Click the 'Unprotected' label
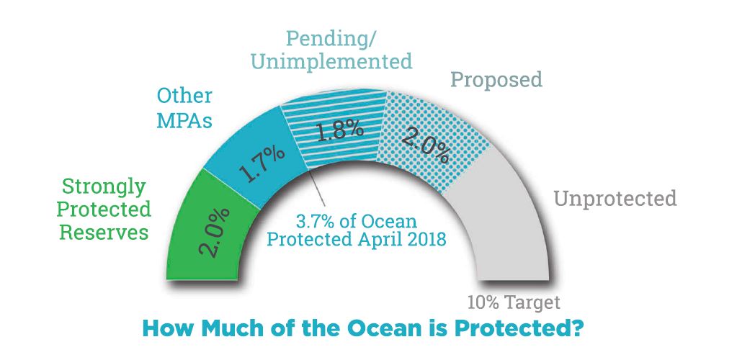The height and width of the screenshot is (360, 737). pyautogui.click(x=615, y=198)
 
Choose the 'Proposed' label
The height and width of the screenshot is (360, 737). pyautogui.click(x=496, y=79)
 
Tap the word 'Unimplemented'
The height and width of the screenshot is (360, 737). pyautogui.click(x=331, y=60)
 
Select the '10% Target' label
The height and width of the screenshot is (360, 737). pyautogui.click(x=513, y=302)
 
